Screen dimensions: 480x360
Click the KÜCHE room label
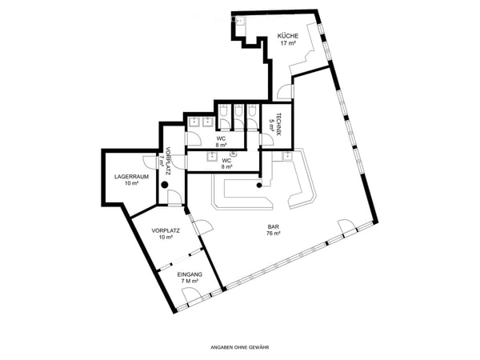pos(288,36)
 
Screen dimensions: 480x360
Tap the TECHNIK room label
pos(278,125)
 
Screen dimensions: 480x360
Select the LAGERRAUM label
pos(132,177)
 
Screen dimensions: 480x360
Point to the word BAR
pos(273,227)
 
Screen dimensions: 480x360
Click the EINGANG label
pos(190,274)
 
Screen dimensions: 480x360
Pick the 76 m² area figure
pos(274,234)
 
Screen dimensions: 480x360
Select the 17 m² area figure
pos(288,43)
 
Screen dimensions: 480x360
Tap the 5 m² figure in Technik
pos(271,125)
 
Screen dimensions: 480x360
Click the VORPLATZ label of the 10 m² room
pos(166,230)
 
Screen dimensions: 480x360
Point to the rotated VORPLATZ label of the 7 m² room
pos(168,162)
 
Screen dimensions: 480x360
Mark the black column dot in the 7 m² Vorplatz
pos(165,185)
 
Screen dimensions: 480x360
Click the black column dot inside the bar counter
pos(259,185)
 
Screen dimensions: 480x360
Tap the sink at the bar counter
pos(287,156)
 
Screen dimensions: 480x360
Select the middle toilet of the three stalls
pos(238,111)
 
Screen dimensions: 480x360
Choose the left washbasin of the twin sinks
pos(194,122)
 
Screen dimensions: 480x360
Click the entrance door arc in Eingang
pos(188,294)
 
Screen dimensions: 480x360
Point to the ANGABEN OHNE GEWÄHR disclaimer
pos(240,347)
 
